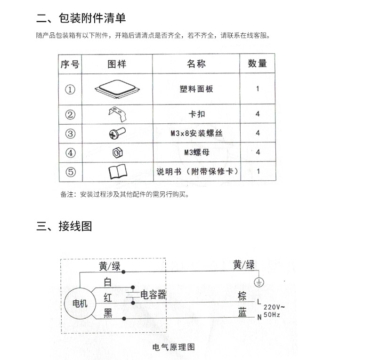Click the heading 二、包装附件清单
tap(81, 18)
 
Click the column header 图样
tap(117, 64)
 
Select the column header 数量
tap(258, 64)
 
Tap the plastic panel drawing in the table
tap(117, 89)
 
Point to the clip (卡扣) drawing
tap(117, 114)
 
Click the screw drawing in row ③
tap(117, 133)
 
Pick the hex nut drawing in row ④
tap(117, 152)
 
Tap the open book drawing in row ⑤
tap(118, 171)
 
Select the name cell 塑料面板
tap(196, 89)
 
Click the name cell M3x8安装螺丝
tap(197, 133)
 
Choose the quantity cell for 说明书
tap(258, 171)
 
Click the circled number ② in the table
tap(70, 114)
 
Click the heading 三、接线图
tap(64, 226)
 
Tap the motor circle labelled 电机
tap(80, 303)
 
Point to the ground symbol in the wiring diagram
tap(259, 282)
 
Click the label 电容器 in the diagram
tap(153, 295)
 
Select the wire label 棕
tap(242, 296)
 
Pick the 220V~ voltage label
tap(274, 307)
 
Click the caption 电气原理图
tap(173, 347)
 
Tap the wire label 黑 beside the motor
tap(108, 313)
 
